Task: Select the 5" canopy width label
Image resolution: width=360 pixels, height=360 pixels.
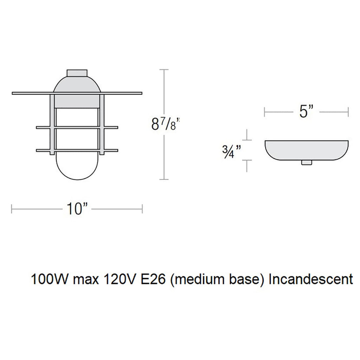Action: [306, 112]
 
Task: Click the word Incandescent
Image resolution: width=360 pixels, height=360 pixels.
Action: [310, 279]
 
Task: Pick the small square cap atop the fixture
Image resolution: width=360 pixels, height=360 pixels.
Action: [77, 72]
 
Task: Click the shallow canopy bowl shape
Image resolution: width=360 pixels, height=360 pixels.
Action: [307, 149]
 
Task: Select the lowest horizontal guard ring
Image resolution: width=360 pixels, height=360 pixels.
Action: [77, 151]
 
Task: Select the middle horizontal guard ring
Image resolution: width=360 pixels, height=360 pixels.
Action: [77, 127]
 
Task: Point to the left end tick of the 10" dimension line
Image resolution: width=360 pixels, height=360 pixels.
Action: [12, 209]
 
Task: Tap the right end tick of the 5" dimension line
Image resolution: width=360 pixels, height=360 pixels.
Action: [348, 112]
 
